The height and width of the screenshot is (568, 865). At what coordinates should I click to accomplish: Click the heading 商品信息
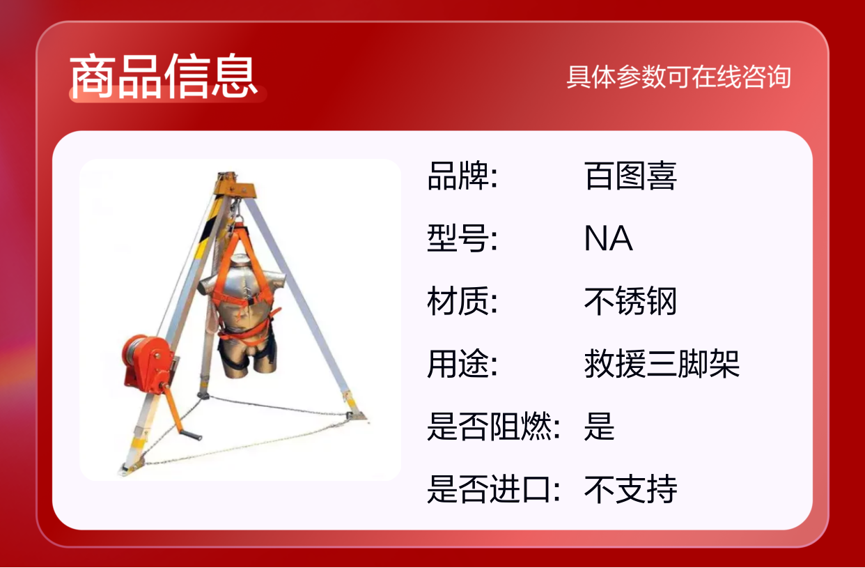[x=164, y=75]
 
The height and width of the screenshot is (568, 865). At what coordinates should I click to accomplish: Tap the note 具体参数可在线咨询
[x=679, y=77]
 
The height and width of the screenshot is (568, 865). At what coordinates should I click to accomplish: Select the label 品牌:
[x=462, y=176]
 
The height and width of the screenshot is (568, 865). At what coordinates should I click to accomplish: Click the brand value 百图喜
[x=630, y=176]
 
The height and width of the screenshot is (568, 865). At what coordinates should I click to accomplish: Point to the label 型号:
[x=462, y=238]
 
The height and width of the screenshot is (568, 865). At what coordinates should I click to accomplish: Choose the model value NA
[x=609, y=238]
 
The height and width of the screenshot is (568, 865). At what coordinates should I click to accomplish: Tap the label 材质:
[x=462, y=301]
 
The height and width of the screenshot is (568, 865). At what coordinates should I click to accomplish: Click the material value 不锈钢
[x=630, y=301]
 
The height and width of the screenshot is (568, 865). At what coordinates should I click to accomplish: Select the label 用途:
[x=462, y=364]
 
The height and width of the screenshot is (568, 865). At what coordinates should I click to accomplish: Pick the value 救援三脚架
[x=662, y=364]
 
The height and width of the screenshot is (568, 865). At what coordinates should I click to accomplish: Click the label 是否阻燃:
[x=494, y=427]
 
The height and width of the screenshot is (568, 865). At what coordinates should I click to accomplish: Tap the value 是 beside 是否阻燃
[x=600, y=427]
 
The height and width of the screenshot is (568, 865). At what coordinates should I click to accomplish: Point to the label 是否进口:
[x=494, y=489]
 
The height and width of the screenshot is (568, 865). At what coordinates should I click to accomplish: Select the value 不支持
[x=630, y=489]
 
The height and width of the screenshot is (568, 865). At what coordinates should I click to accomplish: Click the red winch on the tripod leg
[x=148, y=363]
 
